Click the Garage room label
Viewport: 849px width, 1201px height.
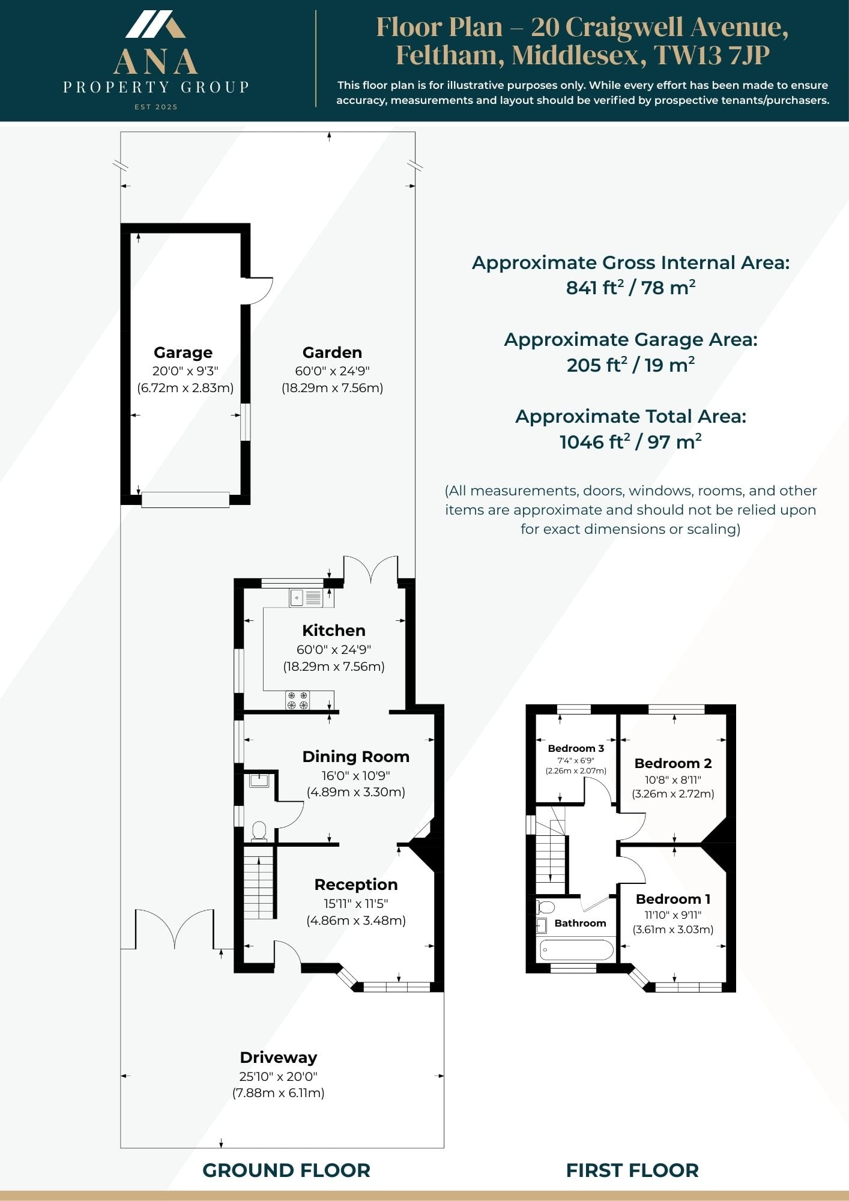[x=183, y=352]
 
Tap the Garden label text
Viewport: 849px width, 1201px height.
[x=332, y=352]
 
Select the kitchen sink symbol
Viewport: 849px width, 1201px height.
[x=306, y=597]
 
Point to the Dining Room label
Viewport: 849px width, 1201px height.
[x=356, y=757]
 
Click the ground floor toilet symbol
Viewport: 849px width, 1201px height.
[x=259, y=831]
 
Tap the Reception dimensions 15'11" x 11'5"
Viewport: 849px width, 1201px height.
[x=356, y=903]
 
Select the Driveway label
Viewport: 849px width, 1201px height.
[x=279, y=1057]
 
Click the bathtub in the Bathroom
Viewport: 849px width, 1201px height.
[x=576, y=950]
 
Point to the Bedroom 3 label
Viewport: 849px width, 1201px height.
[x=576, y=748]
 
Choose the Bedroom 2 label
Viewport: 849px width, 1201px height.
[x=673, y=763]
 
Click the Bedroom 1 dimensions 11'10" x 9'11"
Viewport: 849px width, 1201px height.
[x=673, y=915]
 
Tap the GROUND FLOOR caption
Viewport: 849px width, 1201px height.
[x=286, y=1170]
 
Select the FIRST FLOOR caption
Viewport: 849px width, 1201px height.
[x=632, y=1170]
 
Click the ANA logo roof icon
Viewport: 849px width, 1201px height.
[x=156, y=25]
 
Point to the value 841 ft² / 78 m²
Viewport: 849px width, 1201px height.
[x=630, y=288]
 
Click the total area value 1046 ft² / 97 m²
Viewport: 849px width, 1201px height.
[x=630, y=442]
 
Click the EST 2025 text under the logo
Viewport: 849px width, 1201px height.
[x=156, y=107]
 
